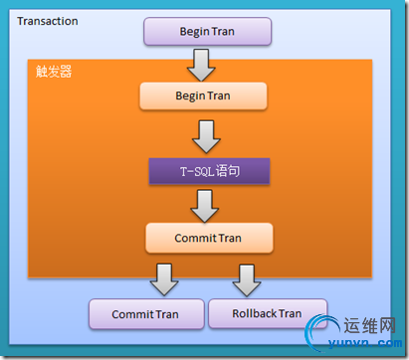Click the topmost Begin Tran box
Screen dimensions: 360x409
click(x=207, y=30)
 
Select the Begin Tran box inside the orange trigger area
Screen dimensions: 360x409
click(x=203, y=95)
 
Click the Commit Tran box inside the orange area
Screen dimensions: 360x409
click(x=208, y=238)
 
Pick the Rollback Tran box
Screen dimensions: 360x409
click(x=267, y=313)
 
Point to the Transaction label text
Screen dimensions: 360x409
click(x=48, y=21)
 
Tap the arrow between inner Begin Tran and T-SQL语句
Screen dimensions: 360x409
click(x=206, y=133)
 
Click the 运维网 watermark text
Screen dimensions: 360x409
click(x=370, y=325)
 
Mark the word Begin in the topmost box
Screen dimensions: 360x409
click(x=193, y=30)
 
